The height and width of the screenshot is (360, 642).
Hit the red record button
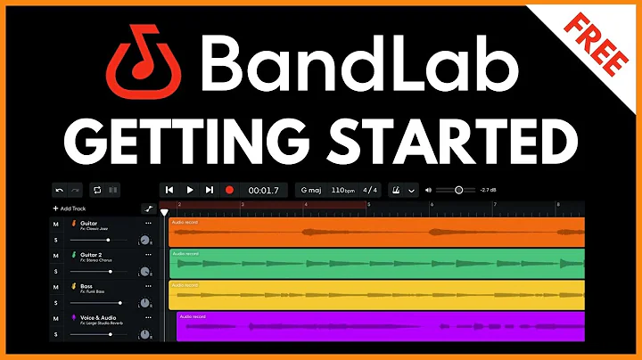[x=229, y=190]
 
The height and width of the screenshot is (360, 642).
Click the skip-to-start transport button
[x=169, y=190]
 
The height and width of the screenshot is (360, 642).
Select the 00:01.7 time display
[x=264, y=190]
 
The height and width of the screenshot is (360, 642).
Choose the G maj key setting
[x=311, y=190]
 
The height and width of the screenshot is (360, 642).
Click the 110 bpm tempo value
[x=342, y=190]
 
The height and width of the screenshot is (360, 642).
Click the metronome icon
[x=395, y=190]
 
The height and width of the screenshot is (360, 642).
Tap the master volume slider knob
[x=459, y=190]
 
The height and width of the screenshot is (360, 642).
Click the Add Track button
[x=72, y=208]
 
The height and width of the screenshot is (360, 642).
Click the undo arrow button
[x=60, y=190]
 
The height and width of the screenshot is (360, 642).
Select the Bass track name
[x=87, y=285]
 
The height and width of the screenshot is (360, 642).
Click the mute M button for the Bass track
[x=55, y=286]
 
